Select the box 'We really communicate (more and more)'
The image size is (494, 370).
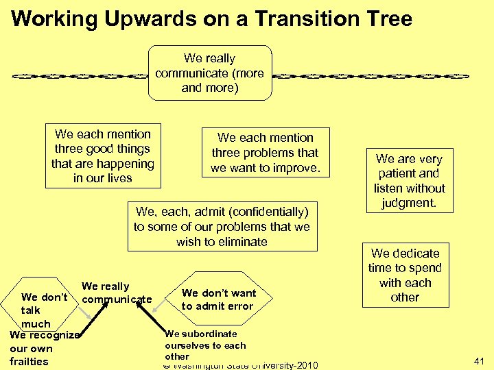click(x=210, y=73)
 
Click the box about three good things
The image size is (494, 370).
click(x=103, y=156)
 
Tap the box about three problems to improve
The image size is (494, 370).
click(x=266, y=153)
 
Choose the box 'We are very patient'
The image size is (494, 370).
click(x=409, y=181)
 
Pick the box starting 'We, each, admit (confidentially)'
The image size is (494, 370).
click(x=222, y=227)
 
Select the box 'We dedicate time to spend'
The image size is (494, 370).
click(x=405, y=275)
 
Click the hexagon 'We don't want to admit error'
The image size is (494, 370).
click(x=218, y=299)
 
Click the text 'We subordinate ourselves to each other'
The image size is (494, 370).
click(x=204, y=345)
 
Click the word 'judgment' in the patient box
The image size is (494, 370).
click(x=410, y=203)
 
